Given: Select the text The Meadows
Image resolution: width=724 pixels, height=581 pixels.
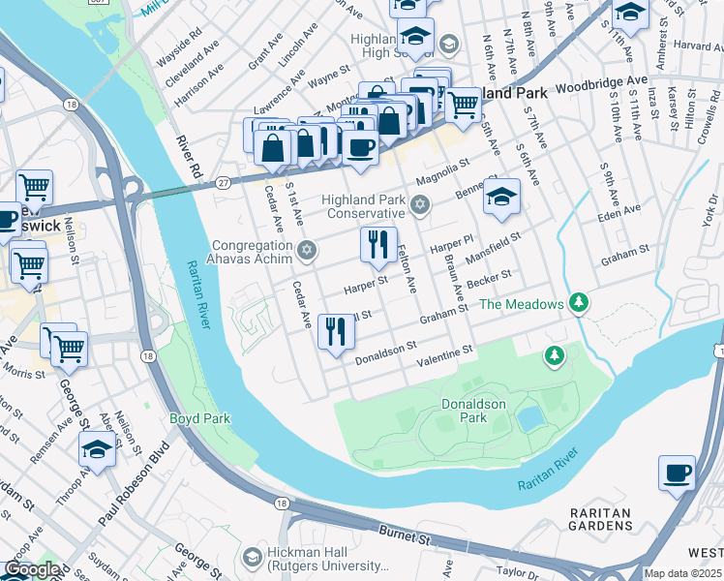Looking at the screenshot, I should pos(521,304).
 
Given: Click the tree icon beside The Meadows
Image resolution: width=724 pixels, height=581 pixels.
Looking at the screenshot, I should pos(579,304).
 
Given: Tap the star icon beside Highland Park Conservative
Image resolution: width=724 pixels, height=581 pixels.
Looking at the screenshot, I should pos(419,204).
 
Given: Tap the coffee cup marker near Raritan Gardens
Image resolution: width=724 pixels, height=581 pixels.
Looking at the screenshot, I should pos(677,474).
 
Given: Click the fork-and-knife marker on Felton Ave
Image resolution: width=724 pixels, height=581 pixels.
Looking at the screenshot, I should pos(377,243).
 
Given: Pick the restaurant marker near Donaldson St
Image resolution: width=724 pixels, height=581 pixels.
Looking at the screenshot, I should pos(336,331).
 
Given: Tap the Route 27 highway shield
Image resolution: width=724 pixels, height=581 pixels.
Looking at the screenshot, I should pos(224,181).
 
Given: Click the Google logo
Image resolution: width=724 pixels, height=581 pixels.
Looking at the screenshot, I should pos(31,569).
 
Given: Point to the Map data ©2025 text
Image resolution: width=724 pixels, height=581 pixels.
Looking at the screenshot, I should pos(682,573).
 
